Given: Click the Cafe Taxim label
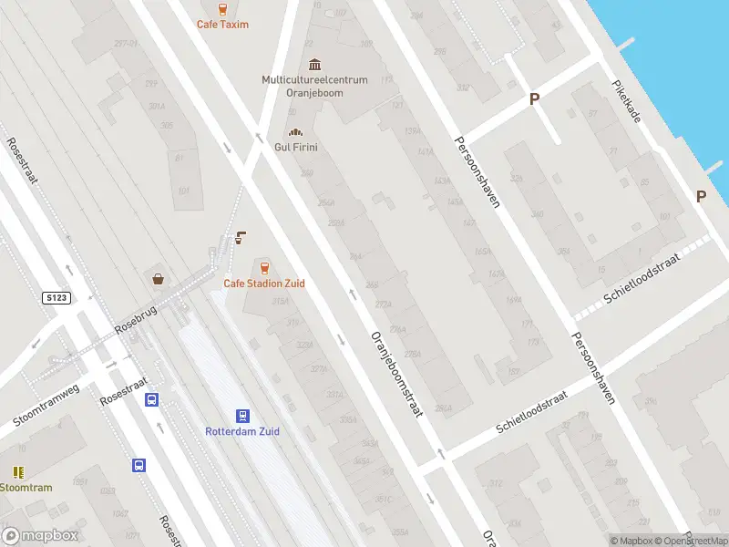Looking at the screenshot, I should coord(222,25).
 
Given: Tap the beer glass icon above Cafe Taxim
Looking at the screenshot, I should coord(222,7).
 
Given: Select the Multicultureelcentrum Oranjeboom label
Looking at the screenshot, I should coord(314,86).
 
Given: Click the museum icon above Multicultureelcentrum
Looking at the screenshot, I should coord(314,64).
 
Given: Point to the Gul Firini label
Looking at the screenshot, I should coord(295,147).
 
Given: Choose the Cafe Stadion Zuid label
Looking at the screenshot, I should coord(264,284).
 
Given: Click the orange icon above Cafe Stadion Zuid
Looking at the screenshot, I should coord(264,266).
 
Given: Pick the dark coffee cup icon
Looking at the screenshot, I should coord(241,238).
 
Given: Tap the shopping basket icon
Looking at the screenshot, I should coord(159,279).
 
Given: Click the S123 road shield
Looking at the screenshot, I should coord(56,298).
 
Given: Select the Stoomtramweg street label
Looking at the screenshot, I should coord(46,405).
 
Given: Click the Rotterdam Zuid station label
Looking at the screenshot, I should coord(242,431).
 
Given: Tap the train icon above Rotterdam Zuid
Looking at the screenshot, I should coord(242,414).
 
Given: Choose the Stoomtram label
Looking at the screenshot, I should coord(26,488).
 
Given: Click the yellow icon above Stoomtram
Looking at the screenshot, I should coord(18,471).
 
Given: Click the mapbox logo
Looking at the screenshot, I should coord(40,536).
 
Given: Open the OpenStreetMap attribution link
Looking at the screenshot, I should coord(690,541).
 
